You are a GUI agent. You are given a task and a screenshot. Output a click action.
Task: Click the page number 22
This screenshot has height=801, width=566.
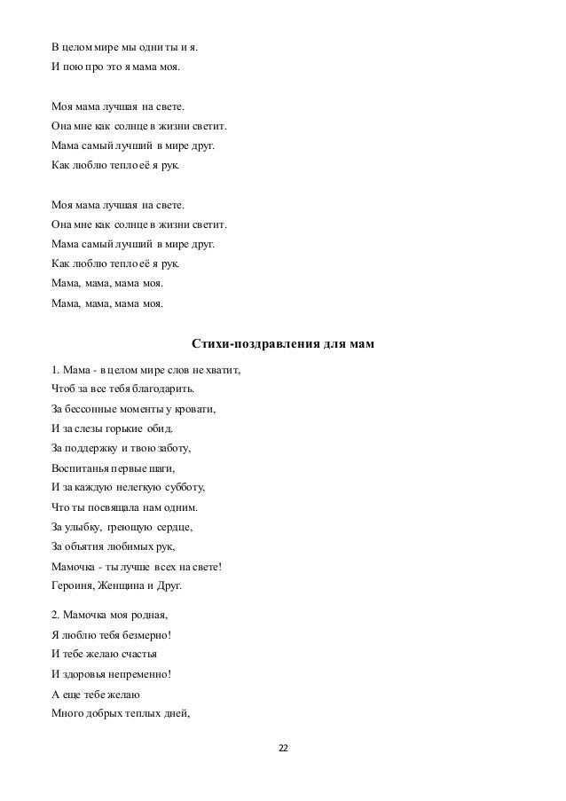coord(283,749)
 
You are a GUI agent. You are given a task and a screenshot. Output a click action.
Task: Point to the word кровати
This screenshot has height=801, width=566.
coord(194,410)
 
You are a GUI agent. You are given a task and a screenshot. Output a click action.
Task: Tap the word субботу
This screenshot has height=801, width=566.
coord(181,487)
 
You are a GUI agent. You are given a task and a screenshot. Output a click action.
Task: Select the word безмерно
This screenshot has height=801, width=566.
coord(143,635)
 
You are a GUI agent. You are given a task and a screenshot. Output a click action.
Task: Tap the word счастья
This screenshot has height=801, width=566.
coord(134,655)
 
